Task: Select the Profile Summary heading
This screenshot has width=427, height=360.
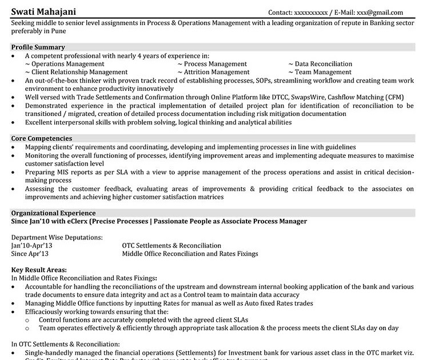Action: tap(38, 47)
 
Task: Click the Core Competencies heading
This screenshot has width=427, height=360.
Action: tap(42, 139)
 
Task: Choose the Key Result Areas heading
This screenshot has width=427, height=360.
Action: tap(39, 270)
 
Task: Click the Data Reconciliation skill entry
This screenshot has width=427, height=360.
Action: tap(323, 64)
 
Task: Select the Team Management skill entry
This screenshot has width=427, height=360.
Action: tap(323, 73)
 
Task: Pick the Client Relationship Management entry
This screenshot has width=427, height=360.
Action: tap(79, 73)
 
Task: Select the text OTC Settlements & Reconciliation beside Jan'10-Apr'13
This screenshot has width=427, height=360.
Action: tap(171, 246)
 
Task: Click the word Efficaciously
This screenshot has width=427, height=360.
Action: tap(48, 312)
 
